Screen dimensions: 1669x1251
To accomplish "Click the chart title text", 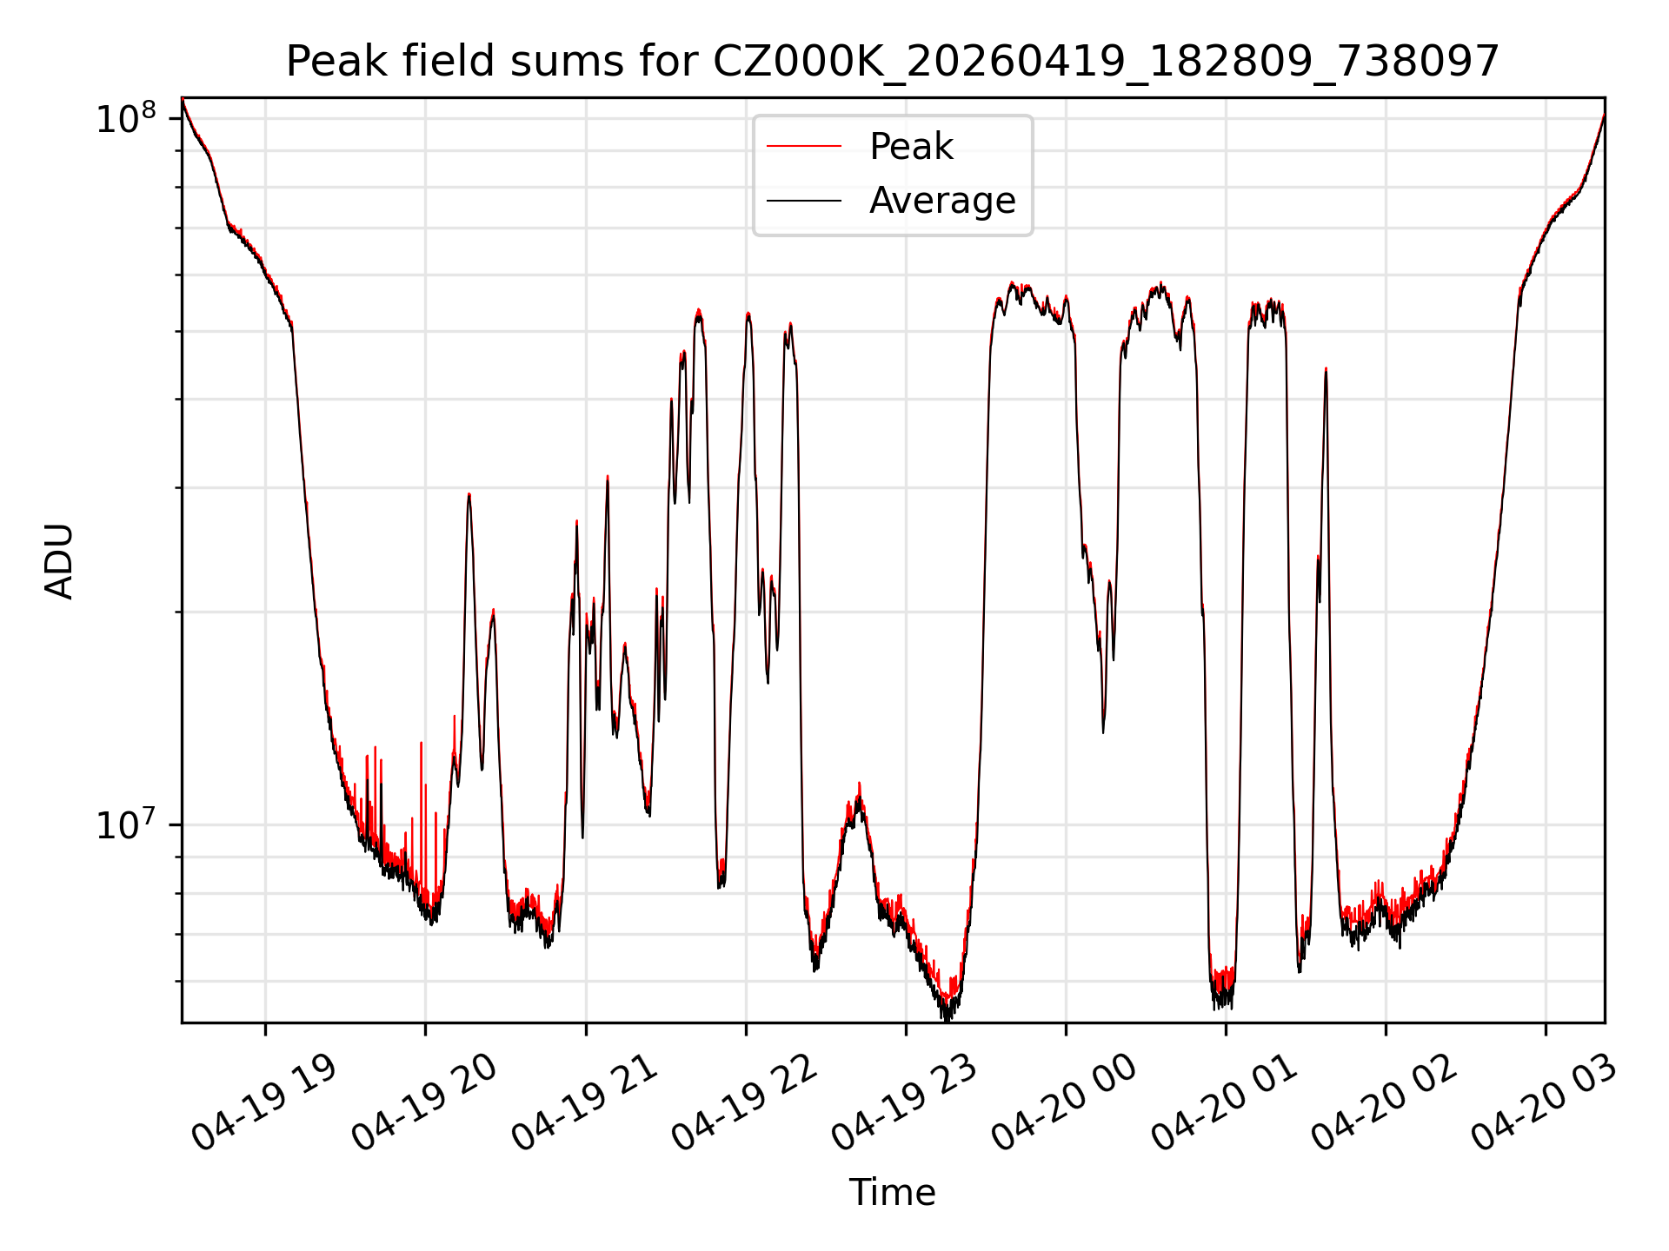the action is (893, 62).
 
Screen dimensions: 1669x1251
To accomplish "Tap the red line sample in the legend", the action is (804, 147).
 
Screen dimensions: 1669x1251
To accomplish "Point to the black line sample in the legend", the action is (804, 201).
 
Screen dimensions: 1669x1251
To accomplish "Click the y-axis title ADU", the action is (60, 560).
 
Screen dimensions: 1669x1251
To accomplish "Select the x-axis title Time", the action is (893, 1193).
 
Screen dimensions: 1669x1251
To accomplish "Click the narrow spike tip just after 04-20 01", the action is (1326, 369).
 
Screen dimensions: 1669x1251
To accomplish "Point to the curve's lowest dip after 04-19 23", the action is (947, 1018).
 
